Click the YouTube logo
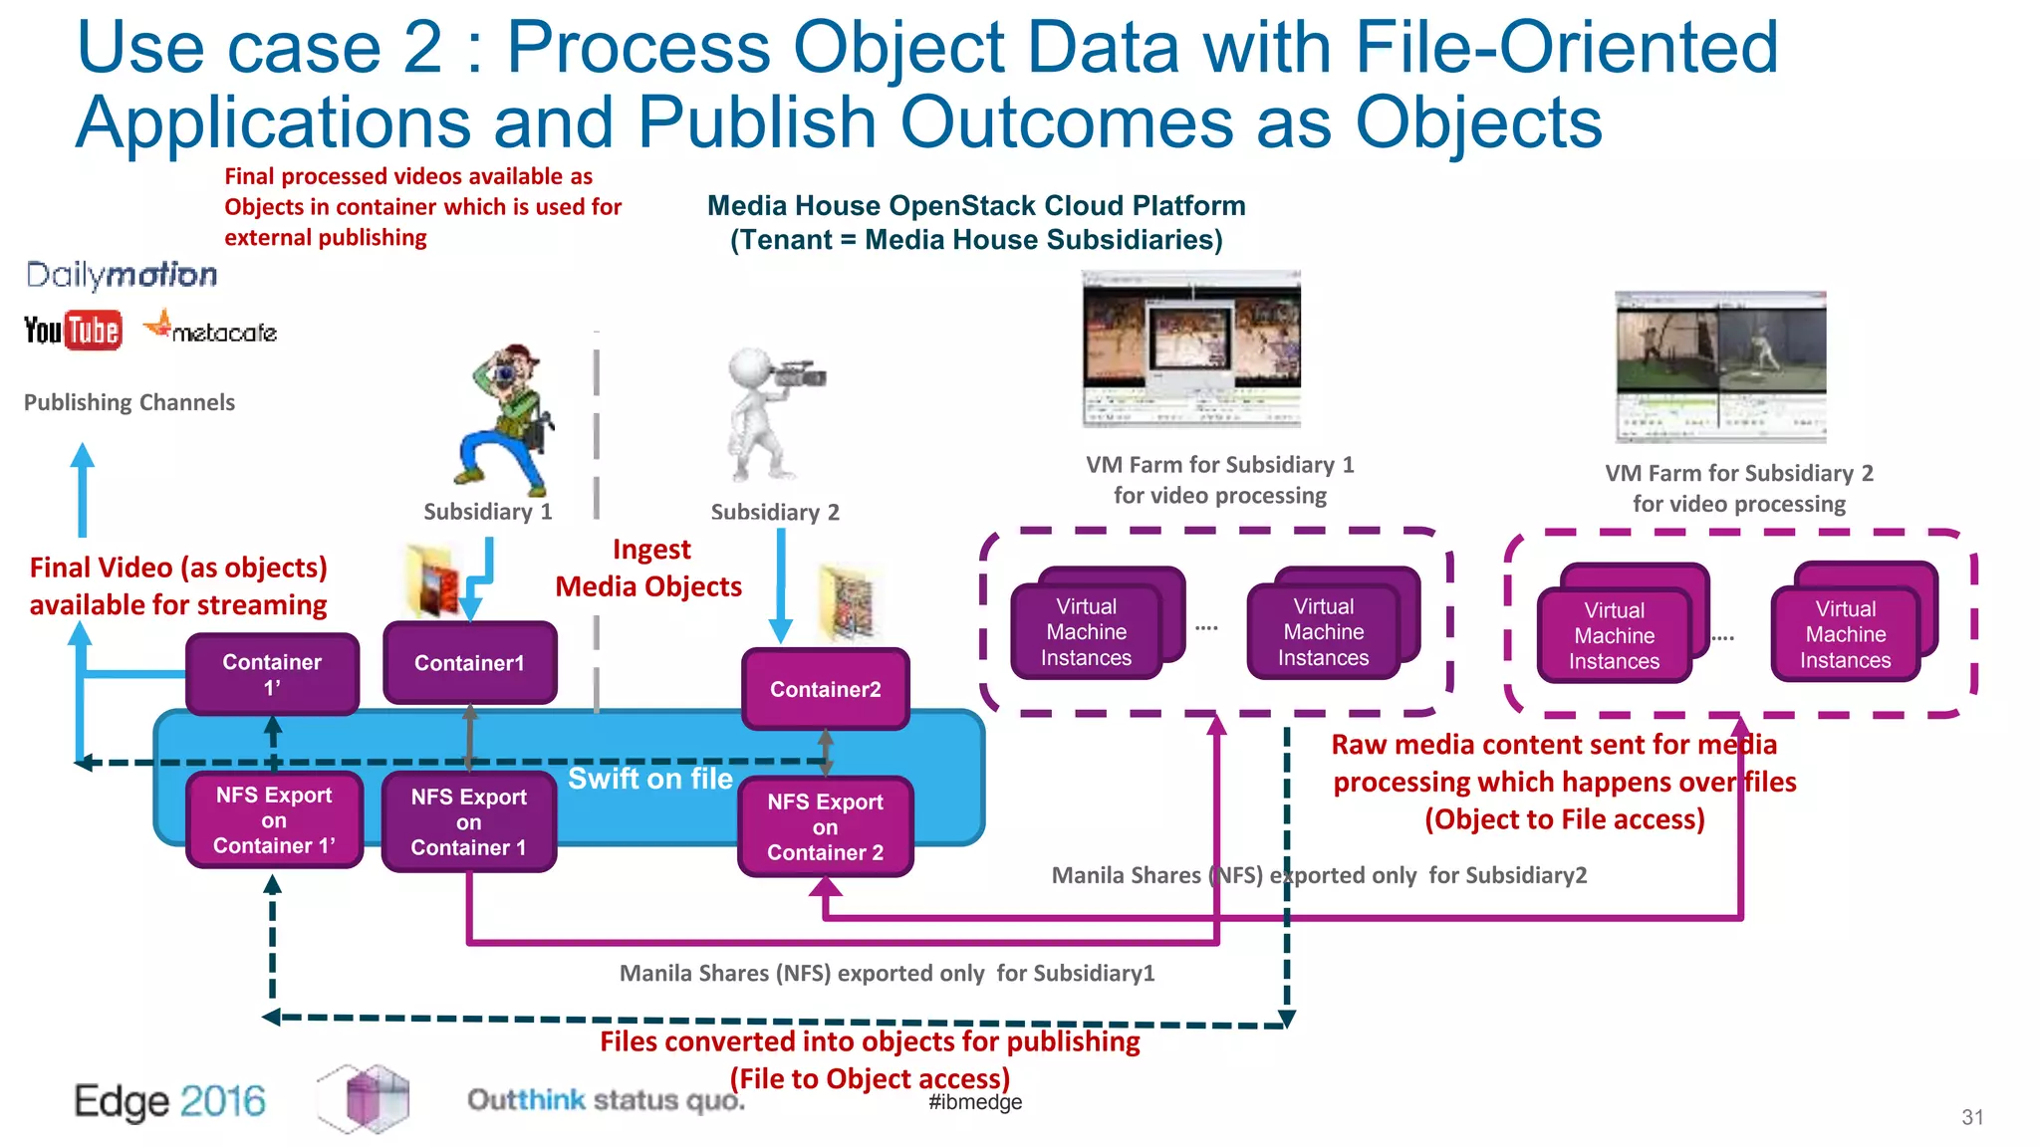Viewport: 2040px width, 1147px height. [73, 330]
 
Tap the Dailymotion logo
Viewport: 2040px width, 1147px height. [122, 275]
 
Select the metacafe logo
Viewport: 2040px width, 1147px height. [211, 330]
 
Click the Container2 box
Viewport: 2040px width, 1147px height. [825, 689]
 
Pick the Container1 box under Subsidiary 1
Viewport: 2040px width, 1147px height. [469, 663]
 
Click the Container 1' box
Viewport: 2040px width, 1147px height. [272, 674]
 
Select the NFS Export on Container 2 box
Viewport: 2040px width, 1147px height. [825, 827]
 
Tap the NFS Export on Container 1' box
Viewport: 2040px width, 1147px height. [274, 820]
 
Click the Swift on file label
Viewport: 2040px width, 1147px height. [649, 779]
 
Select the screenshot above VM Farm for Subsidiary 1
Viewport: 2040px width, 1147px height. [1191, 348]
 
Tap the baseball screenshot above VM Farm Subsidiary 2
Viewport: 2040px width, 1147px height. [1720, 366]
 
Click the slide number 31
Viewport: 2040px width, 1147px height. [1972, 1117]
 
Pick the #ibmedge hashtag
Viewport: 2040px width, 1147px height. [975, 1102]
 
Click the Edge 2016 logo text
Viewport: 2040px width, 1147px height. [169, 1101]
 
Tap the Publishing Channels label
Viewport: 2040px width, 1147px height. [129, 402]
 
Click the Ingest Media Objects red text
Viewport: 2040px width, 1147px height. [648, 568]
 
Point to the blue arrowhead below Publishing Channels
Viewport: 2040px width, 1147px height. [83, 457]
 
